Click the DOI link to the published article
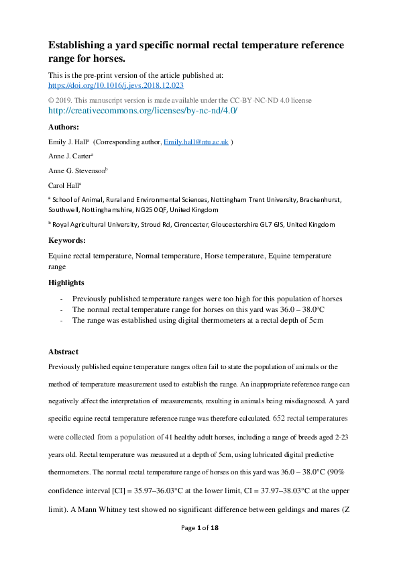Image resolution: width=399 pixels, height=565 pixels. (116, 86)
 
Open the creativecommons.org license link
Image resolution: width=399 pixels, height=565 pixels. (143, 111)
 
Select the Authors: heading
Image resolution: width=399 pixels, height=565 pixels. (64, 127)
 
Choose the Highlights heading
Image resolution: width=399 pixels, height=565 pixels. (66, 282)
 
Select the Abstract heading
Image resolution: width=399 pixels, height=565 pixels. (63, 352)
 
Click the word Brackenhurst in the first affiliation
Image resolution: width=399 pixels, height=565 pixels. (315, 199)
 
